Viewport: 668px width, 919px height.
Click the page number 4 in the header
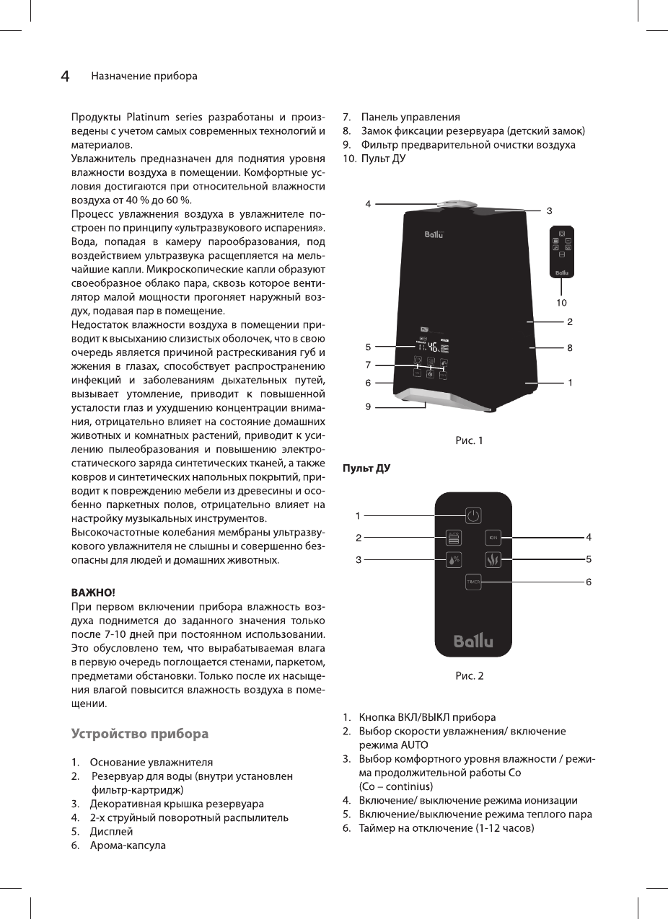(x=65, y=76)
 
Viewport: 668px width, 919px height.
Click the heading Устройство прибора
(x=140, y=734)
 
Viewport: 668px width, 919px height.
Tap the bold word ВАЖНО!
(x=92, y=592)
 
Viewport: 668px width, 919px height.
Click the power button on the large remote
(x=473, y=515)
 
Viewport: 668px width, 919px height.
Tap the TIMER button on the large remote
(x=473, y=581)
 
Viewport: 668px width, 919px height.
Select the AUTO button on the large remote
(x=454, y=537)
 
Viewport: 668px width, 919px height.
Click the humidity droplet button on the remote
(x=454, y=559)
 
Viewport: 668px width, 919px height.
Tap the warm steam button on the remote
(x=493, y=559)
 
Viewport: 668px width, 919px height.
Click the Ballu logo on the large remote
(x=473, y=640)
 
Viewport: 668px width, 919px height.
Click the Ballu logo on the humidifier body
(x=433, y=233)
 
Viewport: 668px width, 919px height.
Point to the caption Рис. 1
(x=468, y=440)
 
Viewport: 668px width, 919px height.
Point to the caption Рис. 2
(x=468, y=675)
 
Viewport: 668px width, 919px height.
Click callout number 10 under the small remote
(x=561, y=302)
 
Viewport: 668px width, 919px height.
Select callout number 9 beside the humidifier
(x=368, y=407)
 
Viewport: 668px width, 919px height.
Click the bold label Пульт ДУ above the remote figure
(x=366, y=469)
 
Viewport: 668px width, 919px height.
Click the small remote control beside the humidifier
(x=562, y=252)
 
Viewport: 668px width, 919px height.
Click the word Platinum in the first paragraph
(x=149, y=117)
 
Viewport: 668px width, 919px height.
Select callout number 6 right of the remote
(x=589, y=581)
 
